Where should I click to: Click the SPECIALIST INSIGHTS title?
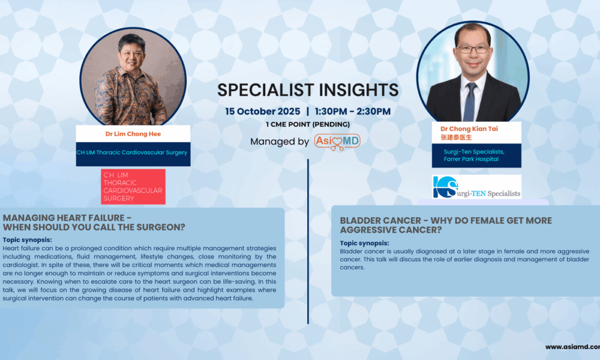(x=307, y=90)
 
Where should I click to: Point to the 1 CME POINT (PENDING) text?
(x=307, y=124)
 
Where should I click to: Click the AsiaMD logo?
(x=337, y=142)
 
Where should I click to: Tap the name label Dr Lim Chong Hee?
(x=133, y=133)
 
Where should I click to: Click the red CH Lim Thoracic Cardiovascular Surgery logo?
(x=133, y=187)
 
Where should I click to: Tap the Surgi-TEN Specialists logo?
(x=476, y=187)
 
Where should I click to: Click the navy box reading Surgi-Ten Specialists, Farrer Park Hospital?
(x=476, y=155)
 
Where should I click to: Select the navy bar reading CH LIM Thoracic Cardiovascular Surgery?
(x=133, y=152)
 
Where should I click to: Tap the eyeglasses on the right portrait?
(x=472, y=49)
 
